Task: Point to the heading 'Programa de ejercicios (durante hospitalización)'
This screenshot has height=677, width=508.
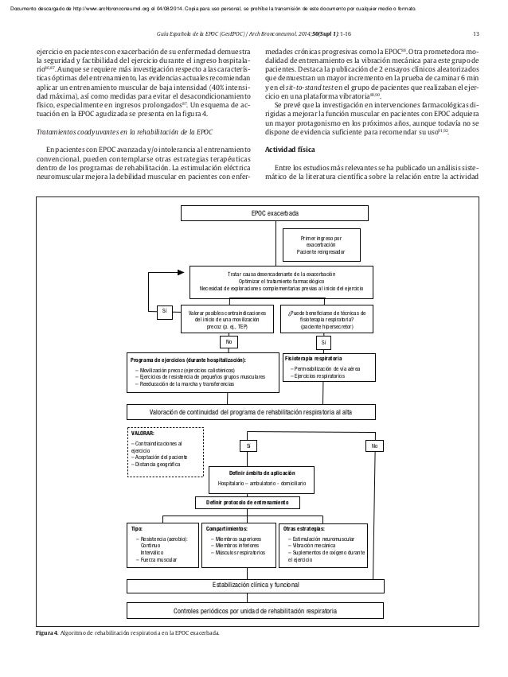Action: click(189, 360)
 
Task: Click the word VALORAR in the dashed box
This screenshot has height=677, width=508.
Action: click(143, 434)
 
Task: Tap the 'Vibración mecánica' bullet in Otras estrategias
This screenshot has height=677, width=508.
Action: click(314, 546)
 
